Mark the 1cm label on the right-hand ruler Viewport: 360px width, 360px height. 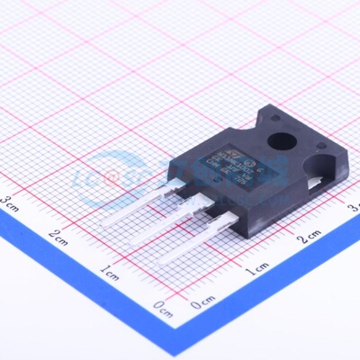(256, 267)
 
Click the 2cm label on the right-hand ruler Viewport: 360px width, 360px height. (309, 237)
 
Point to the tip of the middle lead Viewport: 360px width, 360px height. (132, 244)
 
